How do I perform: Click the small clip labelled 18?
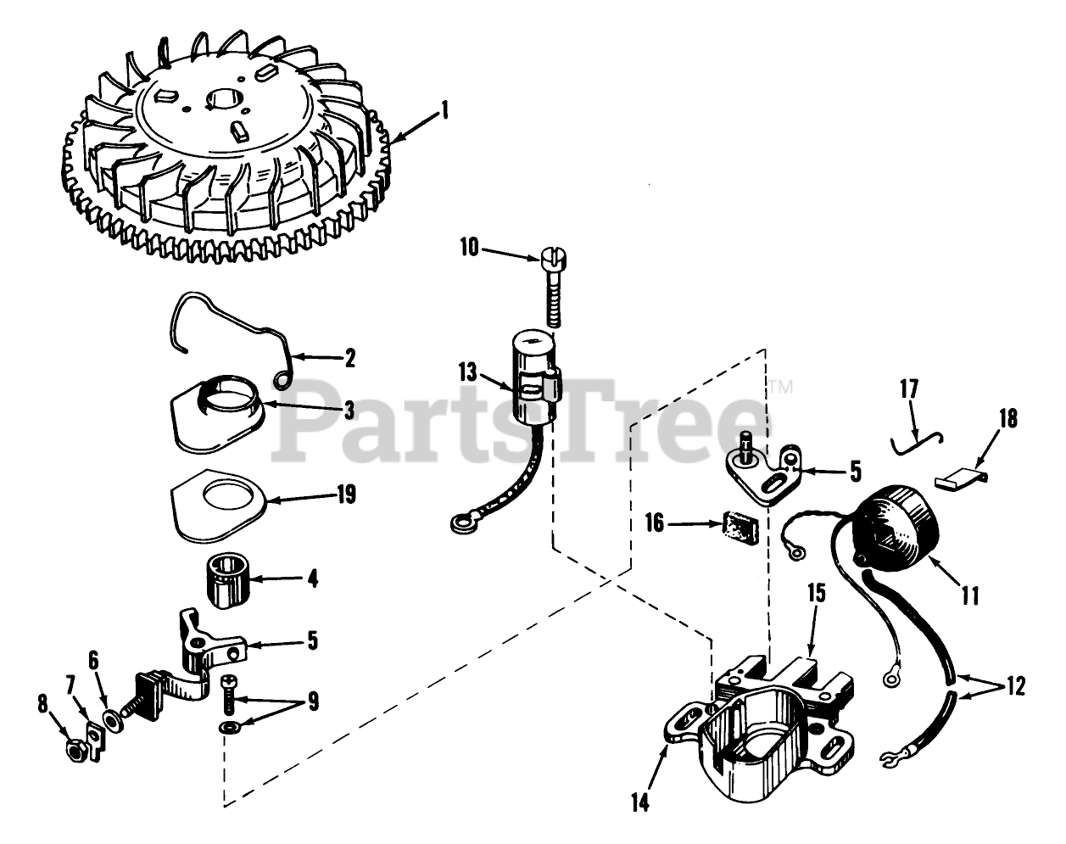pos(957,478)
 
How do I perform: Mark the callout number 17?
pos(909,392)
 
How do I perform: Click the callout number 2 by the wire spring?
pos(349,358)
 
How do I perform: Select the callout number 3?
pos(323,409)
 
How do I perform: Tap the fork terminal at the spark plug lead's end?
pos(890,756)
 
